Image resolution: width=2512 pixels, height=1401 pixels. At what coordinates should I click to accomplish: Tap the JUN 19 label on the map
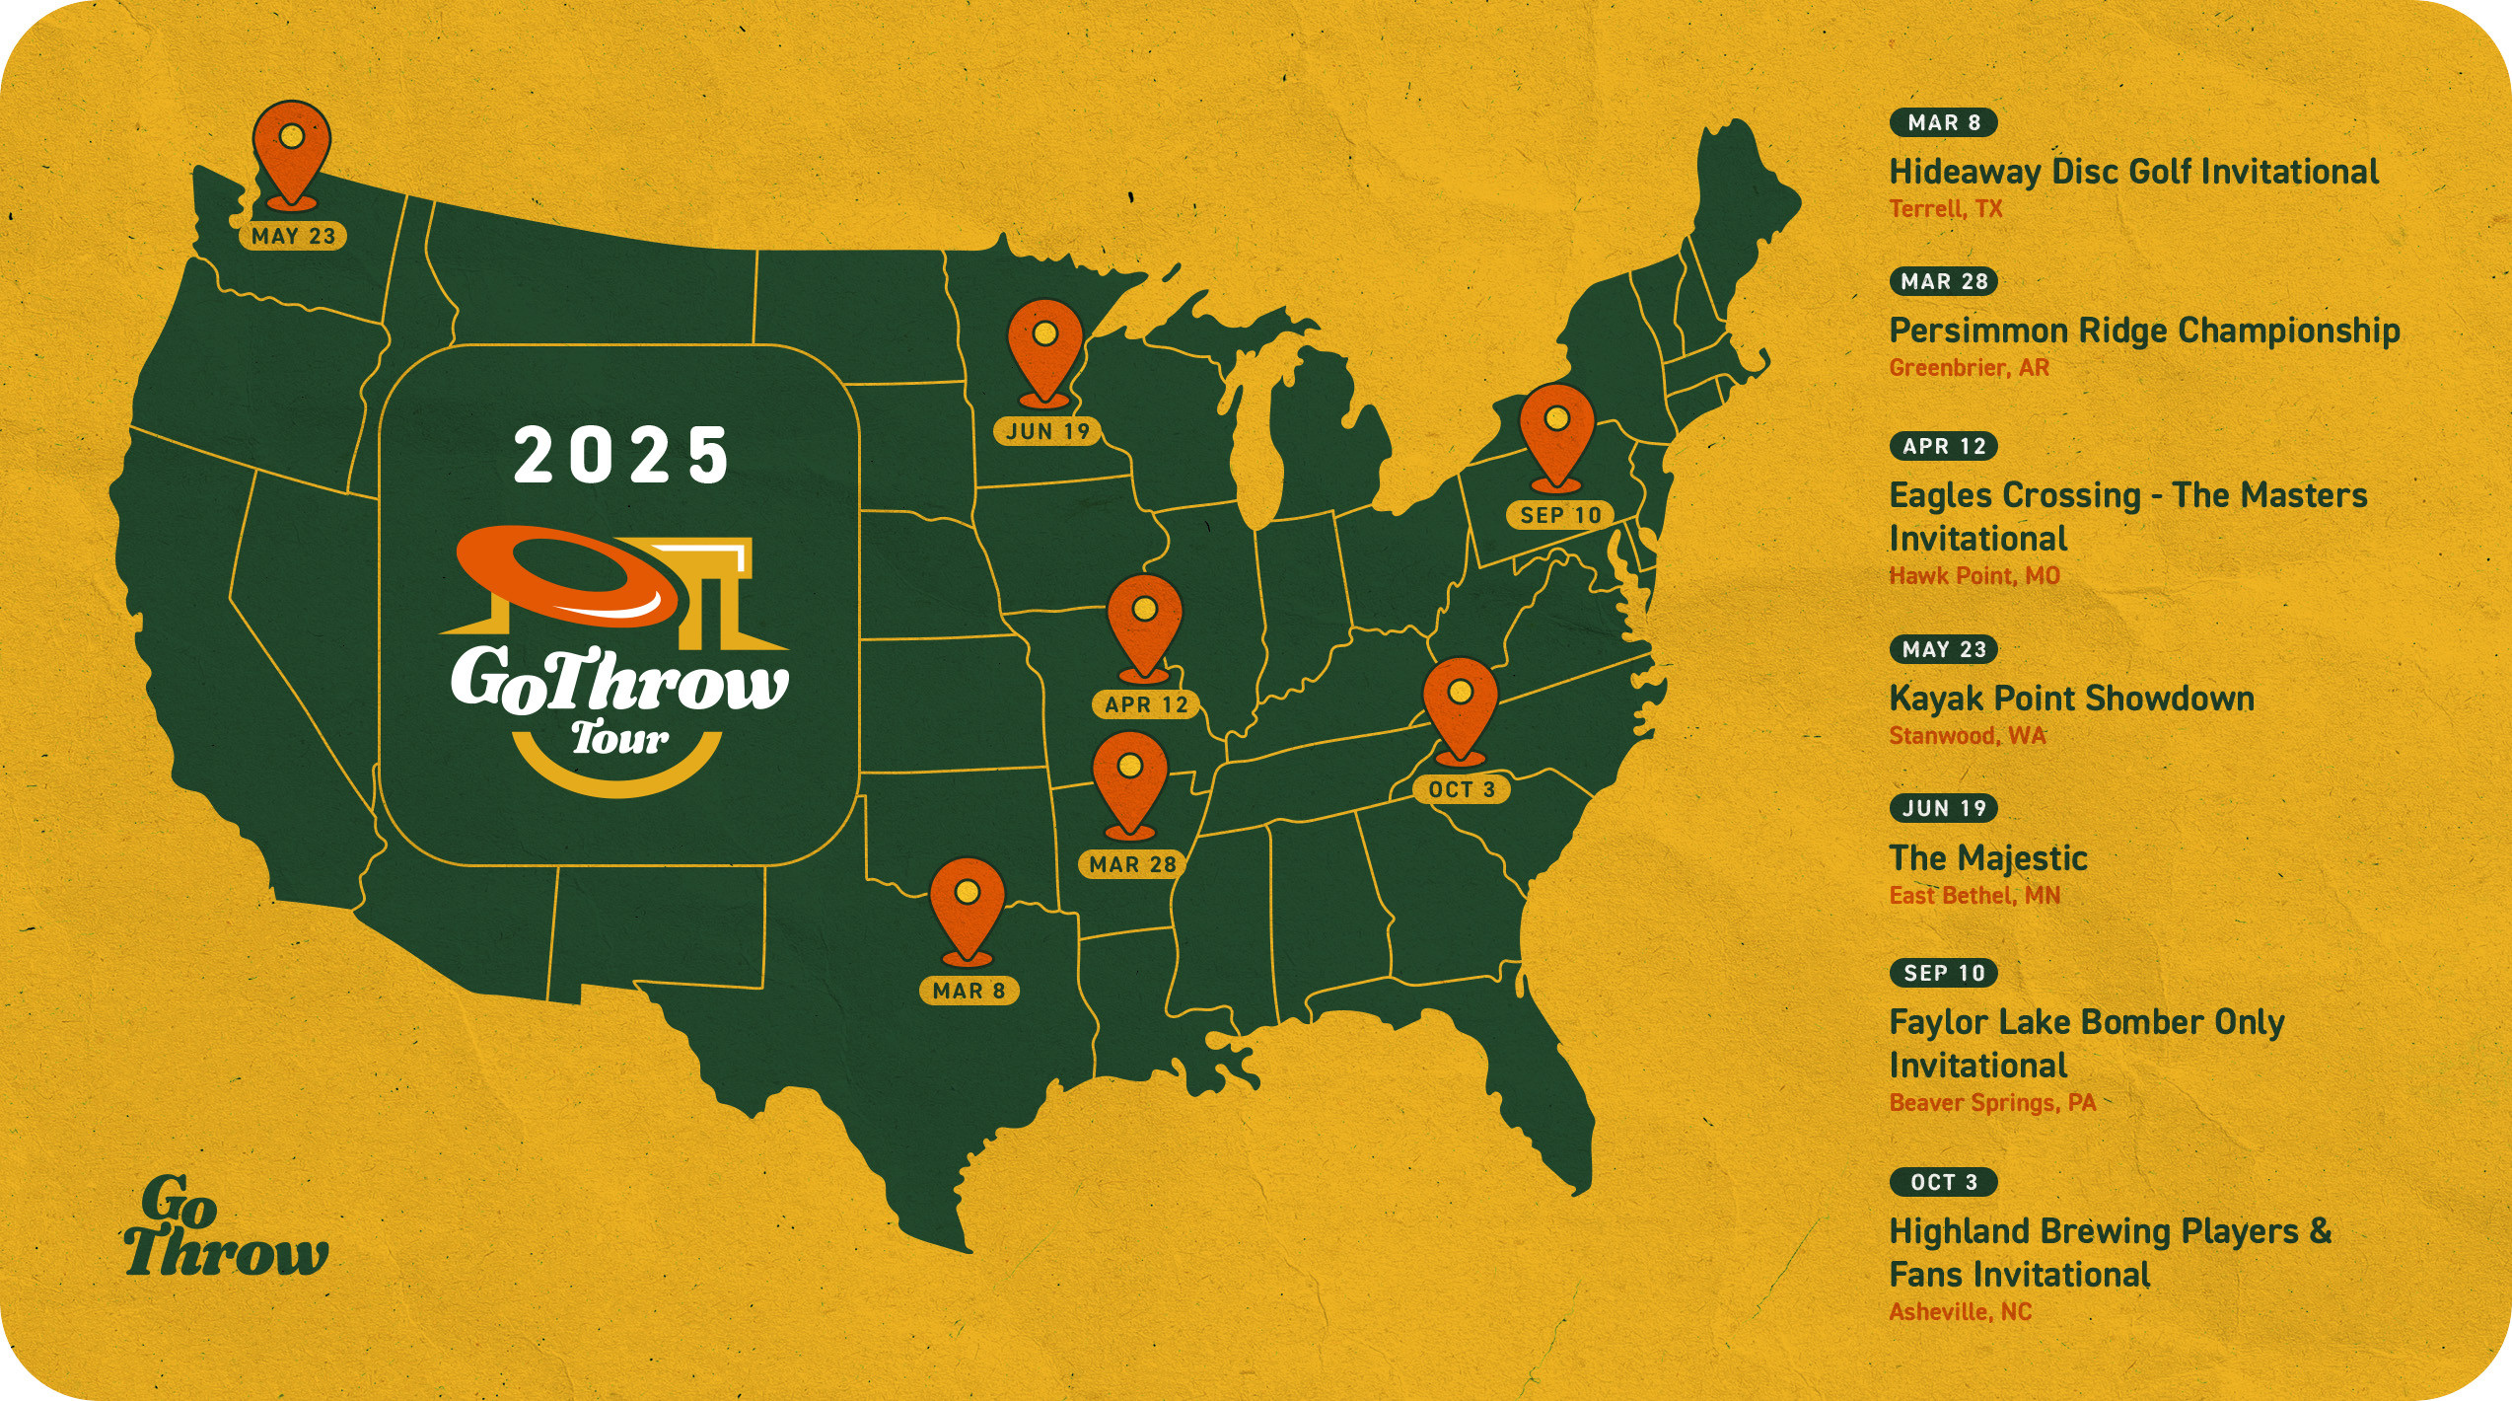[x=1047, y=431]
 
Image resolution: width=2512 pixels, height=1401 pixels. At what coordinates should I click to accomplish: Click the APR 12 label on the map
[x=1146, y=704]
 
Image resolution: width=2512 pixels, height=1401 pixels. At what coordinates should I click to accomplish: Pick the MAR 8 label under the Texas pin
[x=969, y=991]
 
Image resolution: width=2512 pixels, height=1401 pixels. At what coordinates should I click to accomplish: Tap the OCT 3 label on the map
[x=1461, y=789]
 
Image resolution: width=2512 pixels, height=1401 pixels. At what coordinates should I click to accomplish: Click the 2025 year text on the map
[x=621, y=456]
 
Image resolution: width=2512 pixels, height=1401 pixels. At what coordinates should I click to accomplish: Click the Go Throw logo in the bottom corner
[x=225, y=1228]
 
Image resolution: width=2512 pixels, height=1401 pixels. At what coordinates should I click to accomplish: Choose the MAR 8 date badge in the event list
[x=1943, y=122]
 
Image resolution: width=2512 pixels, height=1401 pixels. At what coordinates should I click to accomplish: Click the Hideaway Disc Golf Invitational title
[x=2133, y=172]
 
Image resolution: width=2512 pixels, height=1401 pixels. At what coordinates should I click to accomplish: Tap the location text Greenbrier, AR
[x=1969, y=368]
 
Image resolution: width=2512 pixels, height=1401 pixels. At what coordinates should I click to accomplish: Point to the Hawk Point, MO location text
[x=1974, y=576]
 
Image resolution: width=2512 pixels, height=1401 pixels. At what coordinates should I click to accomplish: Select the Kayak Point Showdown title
[x=2071, y=699]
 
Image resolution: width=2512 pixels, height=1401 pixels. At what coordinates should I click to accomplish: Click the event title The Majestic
[x=1988, y=858]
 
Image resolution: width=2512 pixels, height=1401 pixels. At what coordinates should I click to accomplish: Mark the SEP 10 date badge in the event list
[x=1943, y=973]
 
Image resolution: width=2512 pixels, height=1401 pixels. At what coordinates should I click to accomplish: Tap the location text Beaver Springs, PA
[x=1992, y=1103]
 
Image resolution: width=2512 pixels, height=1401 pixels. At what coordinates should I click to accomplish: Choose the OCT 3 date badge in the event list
[x=1943, y=1182]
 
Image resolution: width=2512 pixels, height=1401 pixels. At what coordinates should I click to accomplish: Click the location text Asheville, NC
[x=1961, y=1312]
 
